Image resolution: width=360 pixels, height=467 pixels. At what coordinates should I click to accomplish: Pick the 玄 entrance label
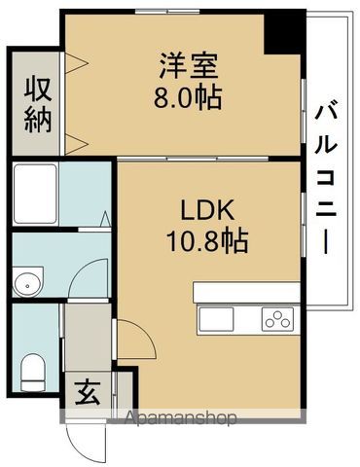point(89,395)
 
